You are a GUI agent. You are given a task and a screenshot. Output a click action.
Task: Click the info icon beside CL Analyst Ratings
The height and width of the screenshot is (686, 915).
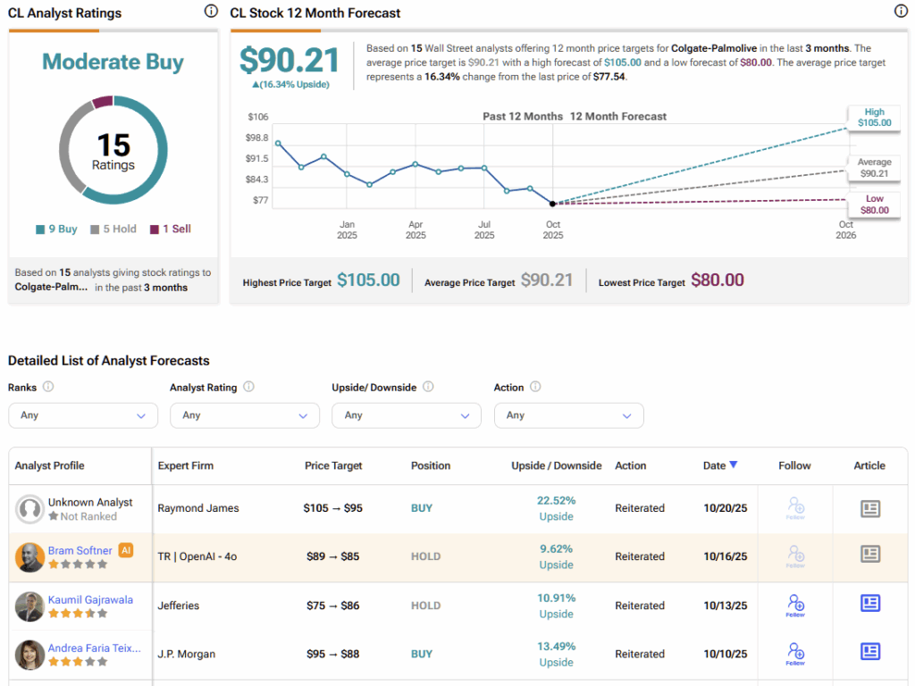point(211,12)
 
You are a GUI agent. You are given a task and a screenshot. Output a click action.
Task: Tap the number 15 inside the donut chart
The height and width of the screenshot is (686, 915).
point(113,146)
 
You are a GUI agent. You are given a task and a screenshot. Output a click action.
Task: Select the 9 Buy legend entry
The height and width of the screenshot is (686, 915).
point(57,229)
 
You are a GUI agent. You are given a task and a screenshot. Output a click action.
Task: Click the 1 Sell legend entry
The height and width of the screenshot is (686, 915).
point(170,229)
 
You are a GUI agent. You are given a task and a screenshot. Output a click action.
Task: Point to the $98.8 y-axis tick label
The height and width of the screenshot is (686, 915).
point(257,138)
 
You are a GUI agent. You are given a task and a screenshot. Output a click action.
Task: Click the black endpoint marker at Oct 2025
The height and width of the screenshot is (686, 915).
point(552,204)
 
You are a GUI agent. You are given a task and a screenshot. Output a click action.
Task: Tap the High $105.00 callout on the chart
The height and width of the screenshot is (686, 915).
point(874,117)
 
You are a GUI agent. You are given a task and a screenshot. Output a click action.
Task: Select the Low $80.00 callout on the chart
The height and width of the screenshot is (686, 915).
point(874,205)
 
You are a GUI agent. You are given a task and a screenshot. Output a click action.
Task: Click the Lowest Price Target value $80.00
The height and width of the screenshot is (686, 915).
point(718,280)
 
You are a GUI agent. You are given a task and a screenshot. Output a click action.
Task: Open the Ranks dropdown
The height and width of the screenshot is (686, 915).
point(83,415)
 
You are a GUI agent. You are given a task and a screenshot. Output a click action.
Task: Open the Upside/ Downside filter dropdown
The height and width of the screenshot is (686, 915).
point(407,415)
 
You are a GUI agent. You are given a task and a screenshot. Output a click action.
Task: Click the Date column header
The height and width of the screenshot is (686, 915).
point(720,465)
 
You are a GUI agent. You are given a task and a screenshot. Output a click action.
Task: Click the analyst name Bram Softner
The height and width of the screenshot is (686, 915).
point(80,550)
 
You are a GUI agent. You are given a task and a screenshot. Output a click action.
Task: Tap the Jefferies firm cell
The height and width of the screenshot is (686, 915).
point(179,606)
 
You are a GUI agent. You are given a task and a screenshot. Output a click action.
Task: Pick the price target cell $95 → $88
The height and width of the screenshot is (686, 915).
point(331,654)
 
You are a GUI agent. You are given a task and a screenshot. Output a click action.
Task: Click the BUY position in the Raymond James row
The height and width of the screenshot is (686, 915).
point(422,508)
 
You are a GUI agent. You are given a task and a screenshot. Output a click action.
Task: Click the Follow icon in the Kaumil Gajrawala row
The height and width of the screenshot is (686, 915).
point(794,605)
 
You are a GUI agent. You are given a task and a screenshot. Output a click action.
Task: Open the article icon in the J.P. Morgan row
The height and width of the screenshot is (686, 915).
point(870,653)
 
